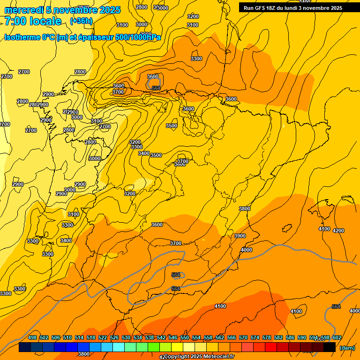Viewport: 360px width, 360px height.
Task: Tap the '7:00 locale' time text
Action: coord(33,21)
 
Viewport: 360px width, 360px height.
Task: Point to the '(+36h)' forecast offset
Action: coord(81,21)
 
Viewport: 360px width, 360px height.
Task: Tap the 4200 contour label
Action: coord(338,231)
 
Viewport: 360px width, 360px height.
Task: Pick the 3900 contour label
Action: coord(240,236)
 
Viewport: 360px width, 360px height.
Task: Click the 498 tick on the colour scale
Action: coord(32,337)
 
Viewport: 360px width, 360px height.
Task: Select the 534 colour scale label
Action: coord(138,337)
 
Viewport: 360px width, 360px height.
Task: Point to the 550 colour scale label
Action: coord(185,337)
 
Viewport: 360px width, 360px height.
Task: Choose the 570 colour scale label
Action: coord(243,337)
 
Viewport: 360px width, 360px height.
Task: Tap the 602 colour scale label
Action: coord(337,337)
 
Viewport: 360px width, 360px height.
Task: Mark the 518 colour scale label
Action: coord(91,337)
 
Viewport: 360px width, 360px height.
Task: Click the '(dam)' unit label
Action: coord(347,348)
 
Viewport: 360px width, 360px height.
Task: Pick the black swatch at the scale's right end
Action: coord(330,347)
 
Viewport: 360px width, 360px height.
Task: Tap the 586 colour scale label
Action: coord(290,337)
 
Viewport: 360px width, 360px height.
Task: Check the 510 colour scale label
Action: coord(67,337)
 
